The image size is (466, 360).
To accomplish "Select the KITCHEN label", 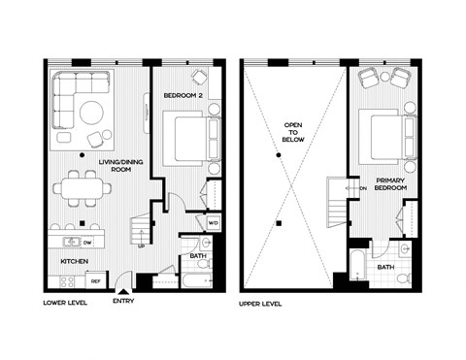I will [x=76, y=261].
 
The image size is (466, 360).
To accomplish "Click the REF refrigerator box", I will [x=95, y=280].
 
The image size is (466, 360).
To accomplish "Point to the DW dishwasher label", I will [x=87, y=242].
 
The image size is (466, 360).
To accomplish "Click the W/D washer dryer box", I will [x=214, y=223].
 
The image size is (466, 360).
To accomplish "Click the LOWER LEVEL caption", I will [x=68, y=303].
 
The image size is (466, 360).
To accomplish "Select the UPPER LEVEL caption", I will [x=263, y=303].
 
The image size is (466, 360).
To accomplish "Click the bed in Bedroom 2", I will [x=187, y=137].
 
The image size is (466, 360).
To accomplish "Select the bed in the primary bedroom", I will [x=384, y=134].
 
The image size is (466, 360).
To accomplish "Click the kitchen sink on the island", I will [x=71, y=242].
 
